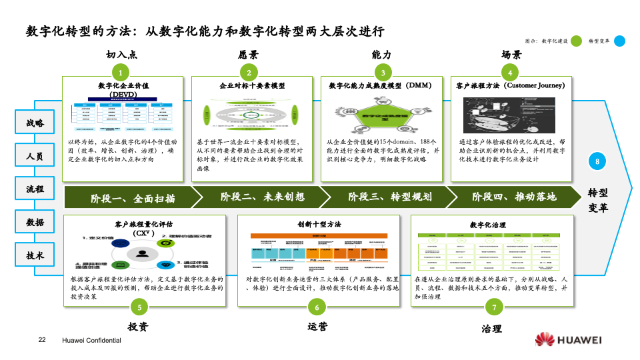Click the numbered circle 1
pyautogui.click(x=120, y=73)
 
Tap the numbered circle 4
pyautogui.click(x=510, y=73)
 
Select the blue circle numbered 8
pyautogui.click(x=597, y=161)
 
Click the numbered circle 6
pyautogui.click(x=317, y=307)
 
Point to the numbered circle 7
pyautogui.click(x=494, y=307)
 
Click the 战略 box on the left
pyautogui.click(x=35, y=123)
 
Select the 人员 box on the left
pyautogui.click(x=35, y=157)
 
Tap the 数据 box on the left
pyautogui.click(x=35, y=222)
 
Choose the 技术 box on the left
pyautogui.click(x=35, y=255)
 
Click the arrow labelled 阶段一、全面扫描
pyautogui.click(x=133, y=198)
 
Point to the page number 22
pyautogui.click(x=42, y=341)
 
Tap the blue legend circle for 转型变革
pyautogui.click(x=619, y=41)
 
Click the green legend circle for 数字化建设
pyautogui.click(x=577, y=41)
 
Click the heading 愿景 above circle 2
pyautogui.click(x=249, y=55)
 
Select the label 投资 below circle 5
pyautogui.click(x=138, y=327)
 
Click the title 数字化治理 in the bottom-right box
pyautogui.click(x=488, y=225)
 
